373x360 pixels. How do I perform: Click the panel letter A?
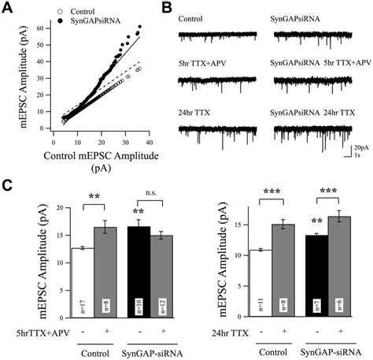8,7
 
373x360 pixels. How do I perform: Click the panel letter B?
168,7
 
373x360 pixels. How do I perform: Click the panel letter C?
8,186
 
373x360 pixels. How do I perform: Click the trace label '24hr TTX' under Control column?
196,114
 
